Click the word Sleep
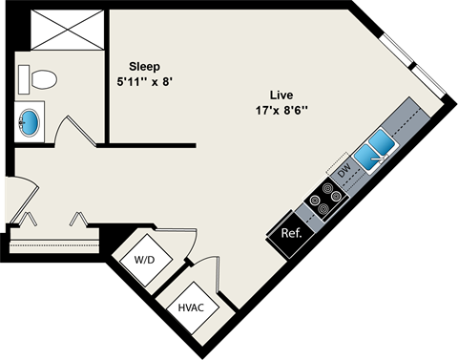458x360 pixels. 145,67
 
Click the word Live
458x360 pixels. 280,95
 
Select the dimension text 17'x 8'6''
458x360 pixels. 281,110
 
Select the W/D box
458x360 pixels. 144,258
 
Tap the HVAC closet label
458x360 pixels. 192,307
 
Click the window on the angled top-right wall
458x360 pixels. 412,65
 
